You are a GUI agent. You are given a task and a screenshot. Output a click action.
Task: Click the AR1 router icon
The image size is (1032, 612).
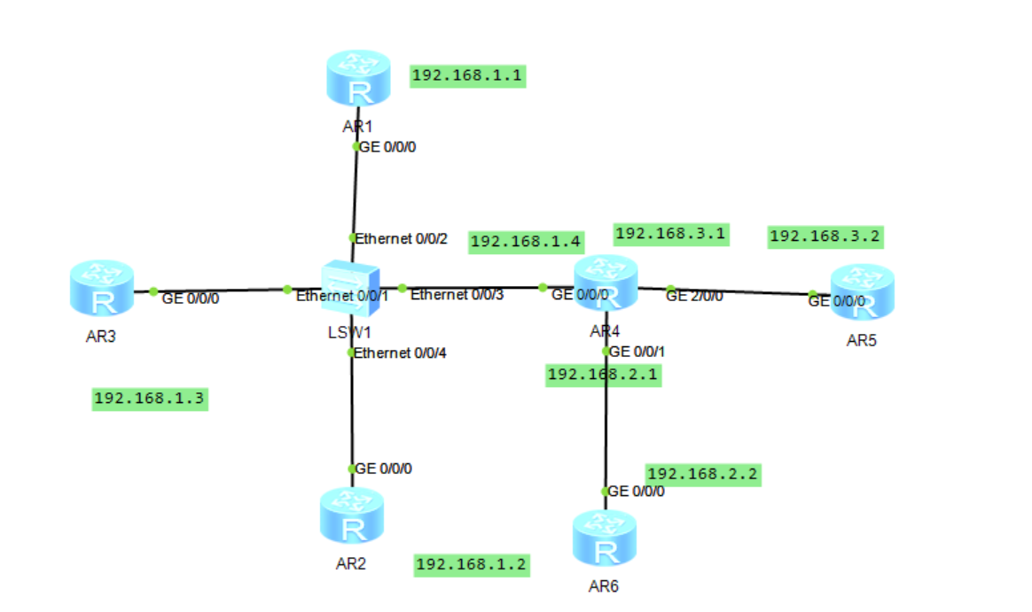coord(357,80)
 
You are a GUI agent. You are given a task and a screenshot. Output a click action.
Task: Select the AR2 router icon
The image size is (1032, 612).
coord(352,516)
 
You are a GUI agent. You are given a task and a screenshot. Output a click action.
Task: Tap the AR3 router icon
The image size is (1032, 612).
coord(102,290)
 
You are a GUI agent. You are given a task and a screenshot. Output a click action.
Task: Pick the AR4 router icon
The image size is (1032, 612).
coord(606,283)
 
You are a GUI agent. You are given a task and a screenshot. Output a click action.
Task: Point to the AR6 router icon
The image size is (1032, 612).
coord(606,538)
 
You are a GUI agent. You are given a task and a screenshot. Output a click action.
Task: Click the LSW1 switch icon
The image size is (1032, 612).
coord(352,286)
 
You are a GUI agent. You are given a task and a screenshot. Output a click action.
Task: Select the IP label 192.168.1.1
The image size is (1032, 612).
coord(469,76)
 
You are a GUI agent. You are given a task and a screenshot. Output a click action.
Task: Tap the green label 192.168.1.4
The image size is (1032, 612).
coord(526,242)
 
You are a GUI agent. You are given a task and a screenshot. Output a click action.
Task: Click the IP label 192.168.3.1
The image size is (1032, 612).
coord(671,234)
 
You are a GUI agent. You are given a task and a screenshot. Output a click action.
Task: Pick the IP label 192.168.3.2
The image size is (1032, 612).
coord(825,236)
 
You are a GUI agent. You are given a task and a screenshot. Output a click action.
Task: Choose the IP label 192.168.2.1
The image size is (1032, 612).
coord(604,375)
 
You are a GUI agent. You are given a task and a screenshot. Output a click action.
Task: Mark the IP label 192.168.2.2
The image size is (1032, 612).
coord(703,475)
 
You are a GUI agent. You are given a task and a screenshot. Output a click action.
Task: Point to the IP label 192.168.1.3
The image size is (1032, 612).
coord(150,399)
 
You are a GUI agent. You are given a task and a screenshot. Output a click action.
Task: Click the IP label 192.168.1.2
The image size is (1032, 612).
coord(473,564)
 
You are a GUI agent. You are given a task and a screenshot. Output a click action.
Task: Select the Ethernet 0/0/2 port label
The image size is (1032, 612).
coord(402,238)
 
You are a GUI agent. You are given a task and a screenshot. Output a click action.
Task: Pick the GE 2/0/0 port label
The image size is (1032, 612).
coord(694,296)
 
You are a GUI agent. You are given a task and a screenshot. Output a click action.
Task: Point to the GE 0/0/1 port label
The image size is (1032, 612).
coord(637,352)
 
